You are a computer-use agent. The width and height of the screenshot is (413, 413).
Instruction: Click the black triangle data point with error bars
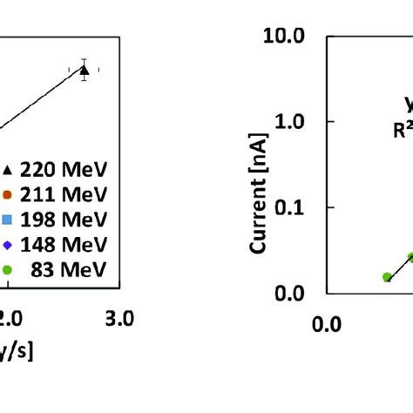tap(84, 70)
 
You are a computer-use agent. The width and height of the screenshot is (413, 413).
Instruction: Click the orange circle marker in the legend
tap(7, 194)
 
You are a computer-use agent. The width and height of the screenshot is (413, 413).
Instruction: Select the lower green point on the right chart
tap(388, 277)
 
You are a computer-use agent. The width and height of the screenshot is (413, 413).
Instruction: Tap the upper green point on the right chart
tap(410, 257)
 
